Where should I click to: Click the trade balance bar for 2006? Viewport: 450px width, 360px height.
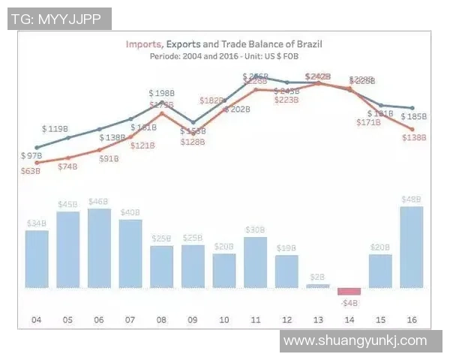pyautogui.click(x=99, y=248)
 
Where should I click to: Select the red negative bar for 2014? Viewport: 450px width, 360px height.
pyautogui.click(x=349, y=291)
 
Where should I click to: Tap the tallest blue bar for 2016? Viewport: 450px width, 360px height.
pyautogui.click(x=411, y=247)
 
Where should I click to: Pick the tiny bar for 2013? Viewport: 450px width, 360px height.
pyautogui.click(x=317, y=286)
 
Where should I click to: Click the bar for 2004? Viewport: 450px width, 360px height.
pyautogui.click(x=37, y=259)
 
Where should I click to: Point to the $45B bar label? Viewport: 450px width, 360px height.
pyautogui.click(x=67, y=204)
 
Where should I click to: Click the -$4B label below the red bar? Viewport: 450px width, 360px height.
pyautogui.click(x=349, y=303)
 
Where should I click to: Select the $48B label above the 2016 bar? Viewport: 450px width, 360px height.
pyautogui.click(x=411, y=199)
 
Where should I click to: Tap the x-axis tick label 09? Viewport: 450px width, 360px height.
pyautogui.click(x=193, y=320)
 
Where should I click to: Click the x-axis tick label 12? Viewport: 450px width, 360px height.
pyautogui.click(x=286, y=320)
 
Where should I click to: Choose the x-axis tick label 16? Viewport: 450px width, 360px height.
pyautogui.click(x=411, y=320)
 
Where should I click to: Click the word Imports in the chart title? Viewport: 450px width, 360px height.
pyautogui.click(x=144, y=44)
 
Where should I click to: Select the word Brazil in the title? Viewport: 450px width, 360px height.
pyautogui.click(x=307, y=44)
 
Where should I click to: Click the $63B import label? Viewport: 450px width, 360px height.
pyautogui.click(x=31, y=171)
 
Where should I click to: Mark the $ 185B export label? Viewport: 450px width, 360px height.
pyautogui.click(x=413, y=116)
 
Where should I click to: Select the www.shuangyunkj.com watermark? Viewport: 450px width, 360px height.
pyautogui.click(x=355, y=340)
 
